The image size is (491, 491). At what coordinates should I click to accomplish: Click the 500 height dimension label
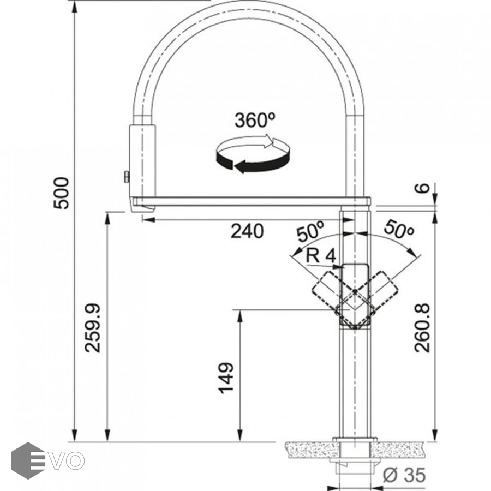pyautogui.click(x=61, y=193)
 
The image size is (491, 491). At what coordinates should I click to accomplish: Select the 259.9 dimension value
pyautogui.click(x=93, y=327)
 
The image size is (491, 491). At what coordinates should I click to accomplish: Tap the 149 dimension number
pyautogui.click(x=225, y=378)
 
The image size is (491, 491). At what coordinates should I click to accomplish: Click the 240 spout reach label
pyautogui.click(x=247, y=231)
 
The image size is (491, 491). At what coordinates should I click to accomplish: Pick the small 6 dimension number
pyautogui.click(x=423, y=188)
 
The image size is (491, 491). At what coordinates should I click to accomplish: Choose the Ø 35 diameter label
pyautogui.click(x=404, y=475)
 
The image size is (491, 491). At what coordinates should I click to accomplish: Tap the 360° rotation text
pyautogui.click(x=255, y=120)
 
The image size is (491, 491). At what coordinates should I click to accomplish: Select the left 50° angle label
pyautogui.click(x=310, y=231)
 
